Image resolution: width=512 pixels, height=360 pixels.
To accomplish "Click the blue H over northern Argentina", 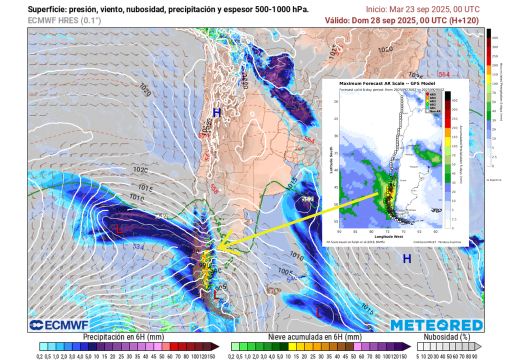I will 216,112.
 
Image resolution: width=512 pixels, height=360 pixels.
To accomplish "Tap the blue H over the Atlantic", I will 407,258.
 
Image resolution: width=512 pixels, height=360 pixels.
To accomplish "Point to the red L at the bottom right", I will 319,312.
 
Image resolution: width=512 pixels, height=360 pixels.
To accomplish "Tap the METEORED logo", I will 436,325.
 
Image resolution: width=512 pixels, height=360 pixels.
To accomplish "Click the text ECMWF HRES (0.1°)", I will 64,20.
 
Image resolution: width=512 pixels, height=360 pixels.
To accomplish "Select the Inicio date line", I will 422,9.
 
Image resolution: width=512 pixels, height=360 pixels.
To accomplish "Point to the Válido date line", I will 401,20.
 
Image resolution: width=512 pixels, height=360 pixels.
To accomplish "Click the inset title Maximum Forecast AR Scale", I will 387,83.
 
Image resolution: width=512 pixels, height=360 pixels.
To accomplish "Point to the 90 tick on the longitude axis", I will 340,231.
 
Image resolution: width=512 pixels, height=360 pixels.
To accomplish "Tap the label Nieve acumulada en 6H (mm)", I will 314,337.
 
